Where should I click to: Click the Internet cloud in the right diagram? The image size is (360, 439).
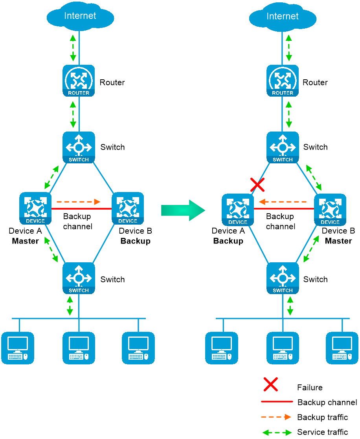[x=283, y=24]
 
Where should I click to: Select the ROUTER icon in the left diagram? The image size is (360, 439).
[x=79, y=81]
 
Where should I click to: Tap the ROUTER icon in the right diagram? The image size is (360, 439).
[x=283, y=81]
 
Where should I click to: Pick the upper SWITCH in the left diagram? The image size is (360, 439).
[x=79, y=148]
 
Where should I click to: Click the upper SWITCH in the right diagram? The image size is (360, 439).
[x=283, y=148]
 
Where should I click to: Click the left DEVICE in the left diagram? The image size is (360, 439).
[x=35, y=209]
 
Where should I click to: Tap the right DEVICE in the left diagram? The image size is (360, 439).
[x=128, y=209]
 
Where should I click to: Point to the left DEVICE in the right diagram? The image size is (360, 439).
[x=238, y=210]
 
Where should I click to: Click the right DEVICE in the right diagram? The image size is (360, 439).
[x=330, y=210]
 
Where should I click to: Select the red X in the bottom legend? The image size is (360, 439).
[x=271, y=384]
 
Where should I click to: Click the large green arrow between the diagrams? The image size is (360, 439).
[x=183, y=210]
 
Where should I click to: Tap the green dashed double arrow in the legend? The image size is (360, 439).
[x=277, y=432]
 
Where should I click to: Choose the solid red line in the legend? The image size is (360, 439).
[x=277, y=401]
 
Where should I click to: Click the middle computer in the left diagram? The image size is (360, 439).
[x=79, y=348]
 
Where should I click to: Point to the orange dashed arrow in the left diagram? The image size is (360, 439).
[x=76, y=201]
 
